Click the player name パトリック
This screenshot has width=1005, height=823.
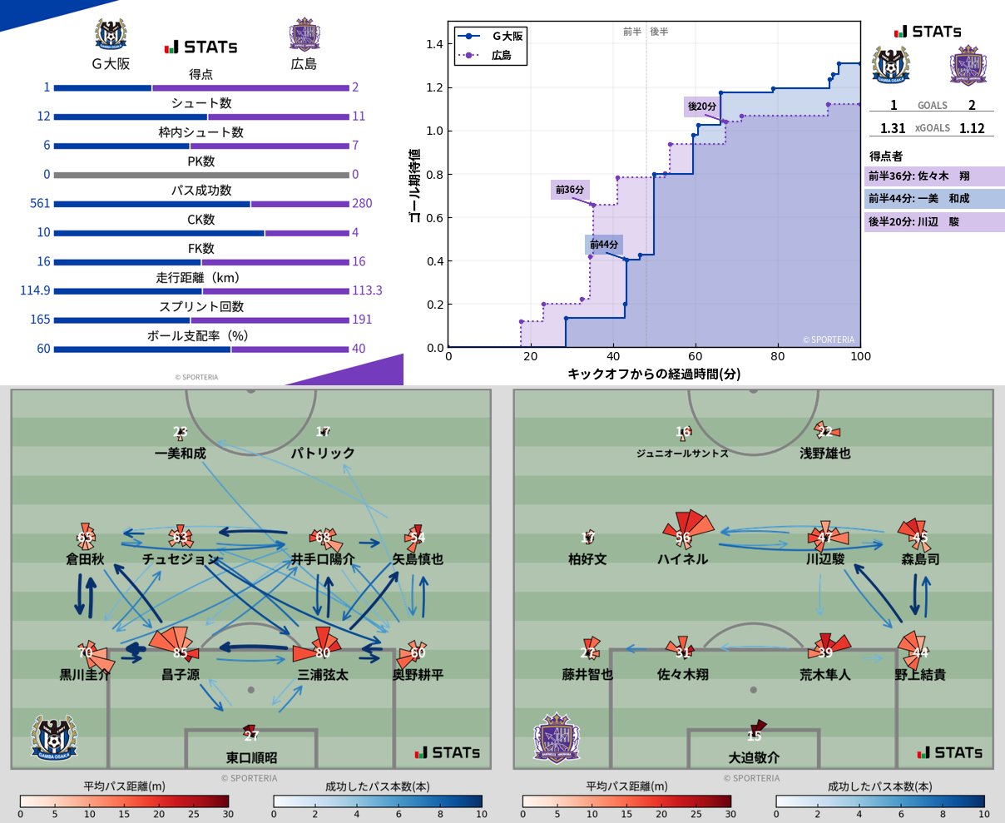point(323,454)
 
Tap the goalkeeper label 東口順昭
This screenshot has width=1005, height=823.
point(251,758)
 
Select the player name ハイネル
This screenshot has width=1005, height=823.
point(682,559)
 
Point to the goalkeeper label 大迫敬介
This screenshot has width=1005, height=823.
point(754,758)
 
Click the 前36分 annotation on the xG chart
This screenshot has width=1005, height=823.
point(570,190)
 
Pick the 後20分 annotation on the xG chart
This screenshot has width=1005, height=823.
point(701,107)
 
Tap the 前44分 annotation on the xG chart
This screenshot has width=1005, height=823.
point(604,245)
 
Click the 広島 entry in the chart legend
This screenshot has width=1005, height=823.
point(501,55)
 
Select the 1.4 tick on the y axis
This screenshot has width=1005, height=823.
point(435,44)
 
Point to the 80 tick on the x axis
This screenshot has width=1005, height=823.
point(777,356)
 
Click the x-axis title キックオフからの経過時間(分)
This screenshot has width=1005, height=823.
point(653,374)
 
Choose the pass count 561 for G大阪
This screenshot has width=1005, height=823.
point(40,203)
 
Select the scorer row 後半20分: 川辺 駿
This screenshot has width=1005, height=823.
point(934,222)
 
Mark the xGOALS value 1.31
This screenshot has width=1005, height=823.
point(893,128)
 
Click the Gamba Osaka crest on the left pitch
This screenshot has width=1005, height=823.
point(54,736)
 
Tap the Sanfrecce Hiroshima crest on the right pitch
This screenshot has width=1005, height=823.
point(557,738)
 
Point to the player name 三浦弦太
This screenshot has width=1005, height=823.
point(323,675)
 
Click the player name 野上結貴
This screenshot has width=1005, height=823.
point(920,675)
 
